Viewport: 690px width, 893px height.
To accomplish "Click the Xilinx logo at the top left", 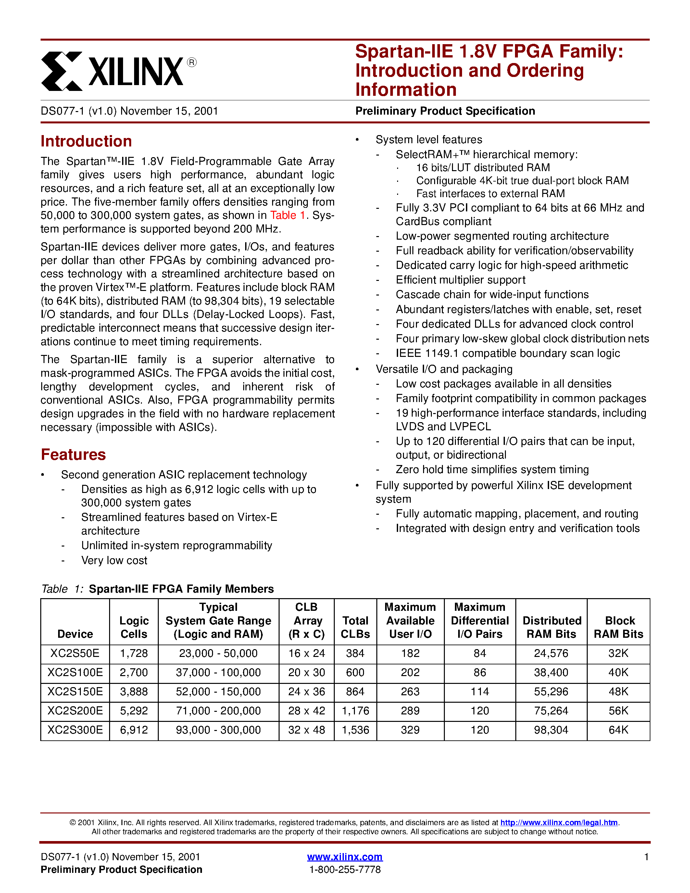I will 112,71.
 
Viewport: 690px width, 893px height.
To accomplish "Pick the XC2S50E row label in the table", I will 75,653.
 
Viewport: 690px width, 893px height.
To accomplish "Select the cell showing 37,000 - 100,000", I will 218,672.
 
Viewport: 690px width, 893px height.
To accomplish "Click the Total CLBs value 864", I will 355,691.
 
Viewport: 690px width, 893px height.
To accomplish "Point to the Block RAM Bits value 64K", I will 618,730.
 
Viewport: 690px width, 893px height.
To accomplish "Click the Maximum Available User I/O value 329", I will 410,730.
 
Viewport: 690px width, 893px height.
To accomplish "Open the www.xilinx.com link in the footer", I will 345,857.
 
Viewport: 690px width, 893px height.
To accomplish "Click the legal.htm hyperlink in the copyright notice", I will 559,822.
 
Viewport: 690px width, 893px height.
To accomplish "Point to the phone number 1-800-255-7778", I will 345,869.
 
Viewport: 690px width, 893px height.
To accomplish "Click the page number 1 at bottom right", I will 646,857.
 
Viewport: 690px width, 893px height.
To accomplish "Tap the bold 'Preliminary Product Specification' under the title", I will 445,111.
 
